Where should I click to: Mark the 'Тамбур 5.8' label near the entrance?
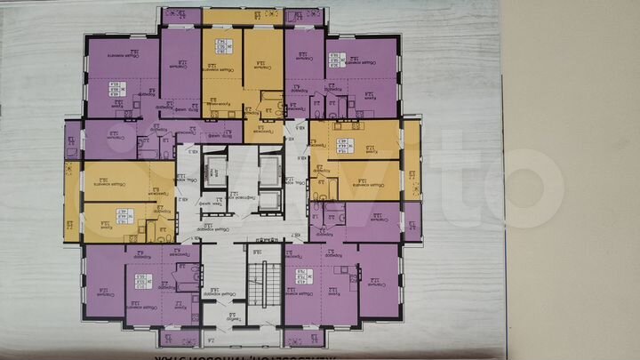pos(229,316)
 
